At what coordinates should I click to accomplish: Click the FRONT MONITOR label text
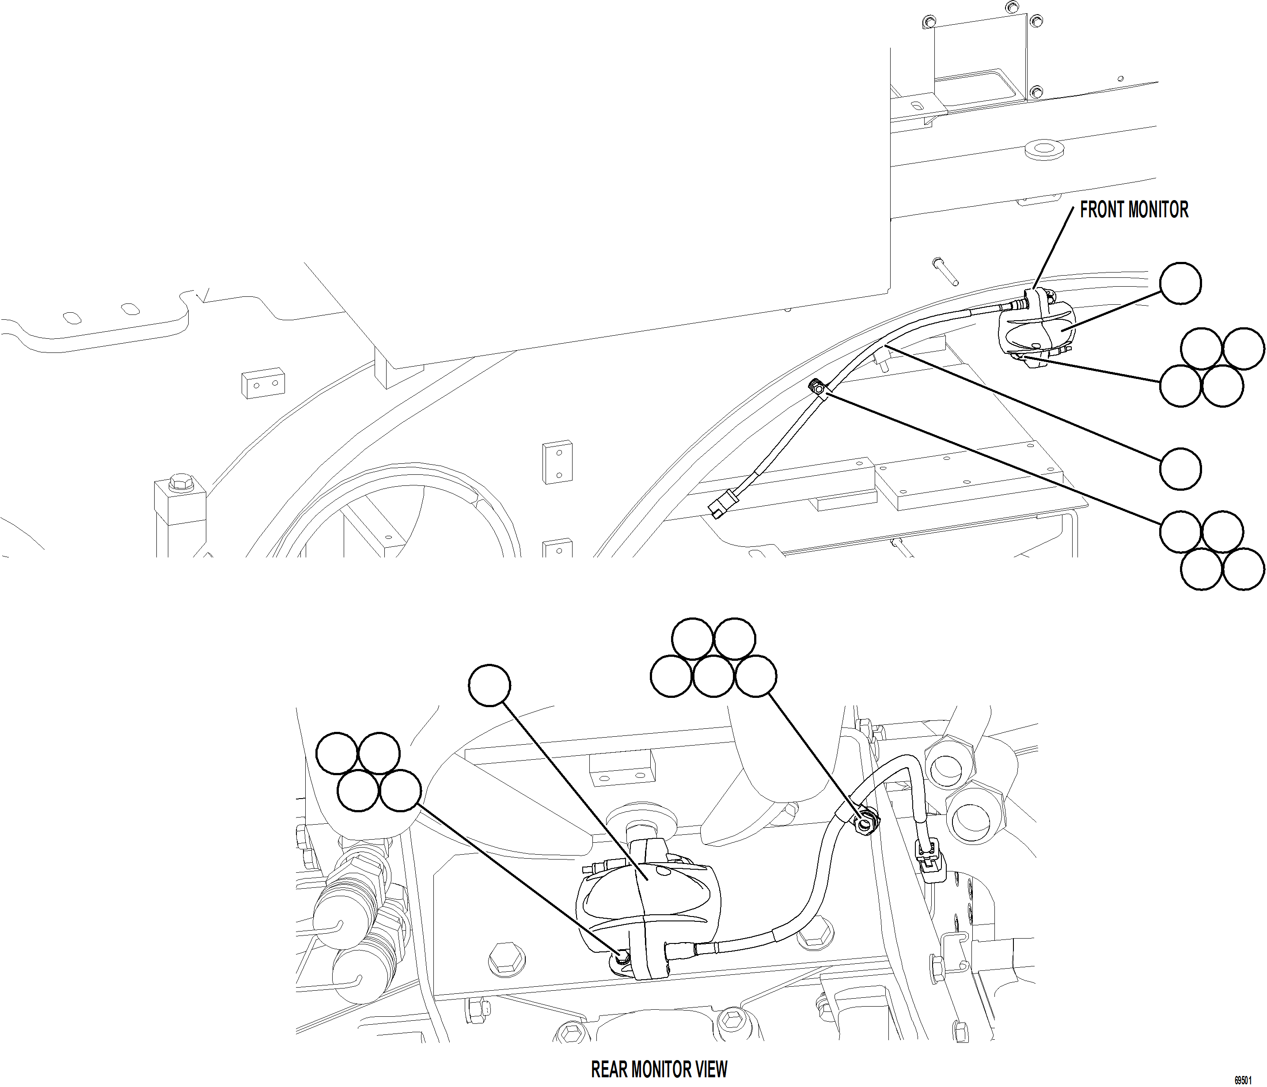[1133, 210]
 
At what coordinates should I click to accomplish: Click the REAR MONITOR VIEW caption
[659, 1069]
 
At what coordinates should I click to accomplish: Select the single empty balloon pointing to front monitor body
[1180, 283]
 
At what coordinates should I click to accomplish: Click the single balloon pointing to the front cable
[1180, 469]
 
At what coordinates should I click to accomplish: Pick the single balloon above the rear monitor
[489, 686]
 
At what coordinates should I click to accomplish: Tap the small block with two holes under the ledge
[262, 383]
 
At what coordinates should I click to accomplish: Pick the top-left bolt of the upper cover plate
[928, 23]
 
